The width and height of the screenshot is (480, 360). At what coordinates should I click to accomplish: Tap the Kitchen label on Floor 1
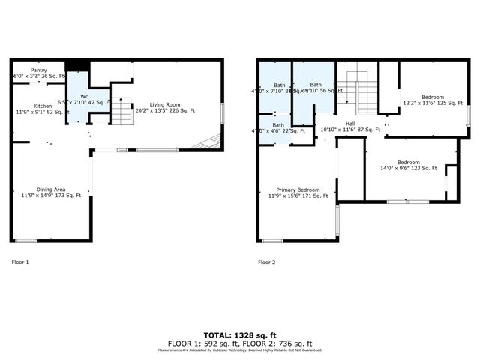pyautogui.click(x=43, y=106)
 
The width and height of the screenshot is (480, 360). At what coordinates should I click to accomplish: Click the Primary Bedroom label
pyautogui.click(x=298, y=190)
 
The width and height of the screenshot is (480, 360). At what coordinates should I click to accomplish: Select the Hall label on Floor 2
pyautogui.click(x=350, y=124)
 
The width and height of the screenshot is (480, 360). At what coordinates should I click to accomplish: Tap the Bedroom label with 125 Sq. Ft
pyautogui.click(x=432, y=97)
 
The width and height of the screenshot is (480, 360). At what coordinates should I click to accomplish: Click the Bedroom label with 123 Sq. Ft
pyautogui.click(x=408, y=163)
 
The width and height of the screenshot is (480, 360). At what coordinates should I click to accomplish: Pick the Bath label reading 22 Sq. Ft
pyautogui.click(x=278, y=125)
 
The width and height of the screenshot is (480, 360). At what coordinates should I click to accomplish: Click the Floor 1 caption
pyautogui.click(x=20, y=262)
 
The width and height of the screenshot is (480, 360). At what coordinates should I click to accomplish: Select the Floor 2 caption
pyautogui.click(x=266, y=262)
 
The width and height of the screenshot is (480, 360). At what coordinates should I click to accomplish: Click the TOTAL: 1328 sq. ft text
pyautogui.click(x=240, y=334)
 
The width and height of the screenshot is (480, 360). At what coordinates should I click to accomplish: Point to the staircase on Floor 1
pyautogui.click(x=121, y=111)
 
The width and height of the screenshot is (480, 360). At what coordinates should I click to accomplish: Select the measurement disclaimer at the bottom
pyautogui.click(x=240, y=349)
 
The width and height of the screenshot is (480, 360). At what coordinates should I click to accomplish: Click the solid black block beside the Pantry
pyautogui.click(x=76, y=65)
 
